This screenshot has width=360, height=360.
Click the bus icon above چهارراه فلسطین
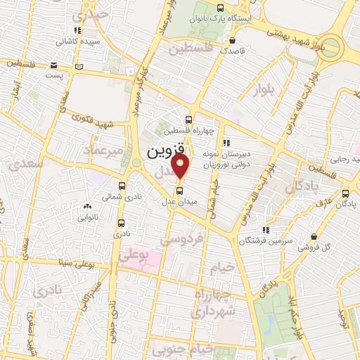point(188,120)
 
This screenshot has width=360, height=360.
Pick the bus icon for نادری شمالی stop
point(122,186)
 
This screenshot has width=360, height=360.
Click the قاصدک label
point(233,51)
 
